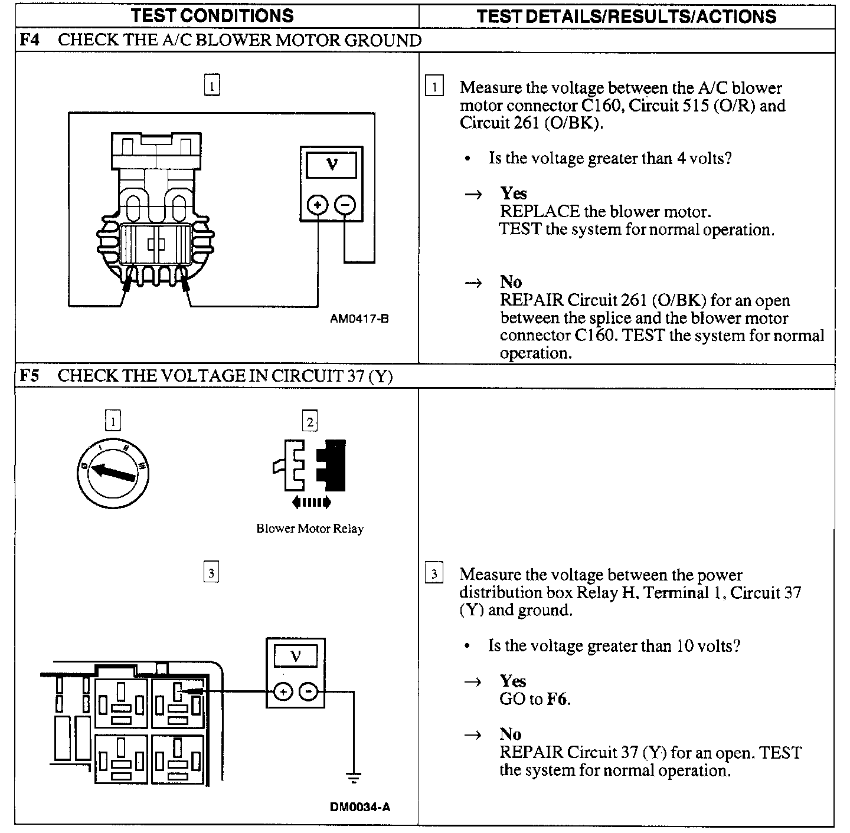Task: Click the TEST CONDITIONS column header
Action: tap(212, 15)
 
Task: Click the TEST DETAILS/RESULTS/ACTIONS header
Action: tap(626, 16)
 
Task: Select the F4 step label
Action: tap(30, 41)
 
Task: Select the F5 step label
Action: tap(30, 376)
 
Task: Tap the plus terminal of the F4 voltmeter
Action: tap(318, 205)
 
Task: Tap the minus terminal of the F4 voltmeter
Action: tap(345, 205)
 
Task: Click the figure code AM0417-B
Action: tap(359, 319)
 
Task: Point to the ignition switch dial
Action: tap(113, 472)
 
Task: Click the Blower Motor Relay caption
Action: tap(310, 529)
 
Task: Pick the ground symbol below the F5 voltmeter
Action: tap(353, 778)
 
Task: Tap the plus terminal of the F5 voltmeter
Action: tap(283, 691)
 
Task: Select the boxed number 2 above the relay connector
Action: tap(310, 421)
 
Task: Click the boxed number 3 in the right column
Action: tap(434, 574)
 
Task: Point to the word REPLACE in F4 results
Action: tap(540, 211)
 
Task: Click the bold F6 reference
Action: tap(558, 699)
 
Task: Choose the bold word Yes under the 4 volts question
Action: tap(514, 194)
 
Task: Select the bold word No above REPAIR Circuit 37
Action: tap(511, 734)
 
